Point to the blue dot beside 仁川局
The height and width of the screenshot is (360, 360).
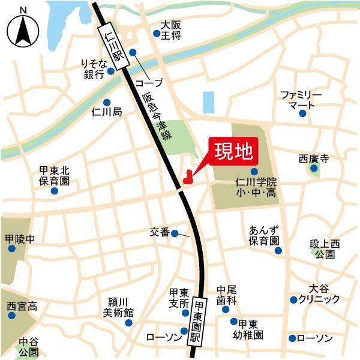107,102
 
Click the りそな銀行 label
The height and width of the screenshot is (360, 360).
94,68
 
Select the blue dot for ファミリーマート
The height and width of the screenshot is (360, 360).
303,113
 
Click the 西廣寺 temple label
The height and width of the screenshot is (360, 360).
314,160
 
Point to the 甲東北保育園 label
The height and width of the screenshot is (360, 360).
55,175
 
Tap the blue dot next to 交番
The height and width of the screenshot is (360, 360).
175,233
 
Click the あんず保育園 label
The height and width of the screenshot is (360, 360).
265,235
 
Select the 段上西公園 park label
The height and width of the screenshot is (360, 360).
325,249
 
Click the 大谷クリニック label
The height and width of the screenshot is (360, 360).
319,294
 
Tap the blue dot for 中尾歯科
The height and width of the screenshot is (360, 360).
226,309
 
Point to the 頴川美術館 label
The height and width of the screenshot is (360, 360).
118,307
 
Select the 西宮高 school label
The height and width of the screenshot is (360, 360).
22,307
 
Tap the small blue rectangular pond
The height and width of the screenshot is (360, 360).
208,102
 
